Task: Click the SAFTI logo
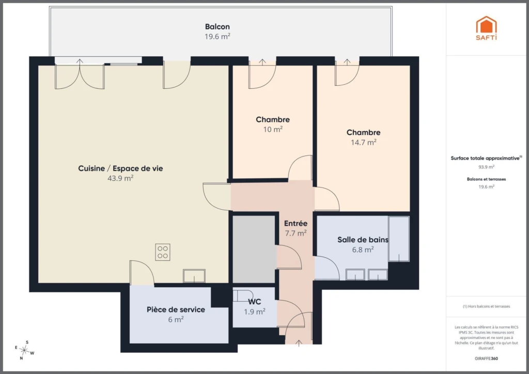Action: tap(486, 28)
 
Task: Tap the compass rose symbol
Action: tap(24, 350)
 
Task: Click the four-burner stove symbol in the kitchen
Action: tap(163, 252)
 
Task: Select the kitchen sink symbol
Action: tap(194, 276)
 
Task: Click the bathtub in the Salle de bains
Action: tap(399, 239)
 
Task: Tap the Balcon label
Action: tap(217, 27)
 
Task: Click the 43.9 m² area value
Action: tap(120, 178)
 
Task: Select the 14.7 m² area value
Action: tap(363, 142)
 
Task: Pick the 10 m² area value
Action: tap(273, 129)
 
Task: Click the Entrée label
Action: tap(295, 223)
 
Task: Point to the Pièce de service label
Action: tap(176, 309)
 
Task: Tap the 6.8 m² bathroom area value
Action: tap(363, 250)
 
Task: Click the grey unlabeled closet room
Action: tap(254, 249)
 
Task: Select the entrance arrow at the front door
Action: tap(299, 343)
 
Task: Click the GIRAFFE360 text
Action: tap(486, 358)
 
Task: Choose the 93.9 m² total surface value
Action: tap(486, 167)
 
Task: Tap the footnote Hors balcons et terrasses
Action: tap(486, 306)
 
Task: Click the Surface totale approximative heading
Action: tap(486, 158)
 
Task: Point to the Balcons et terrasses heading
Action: tap(486, 179)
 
